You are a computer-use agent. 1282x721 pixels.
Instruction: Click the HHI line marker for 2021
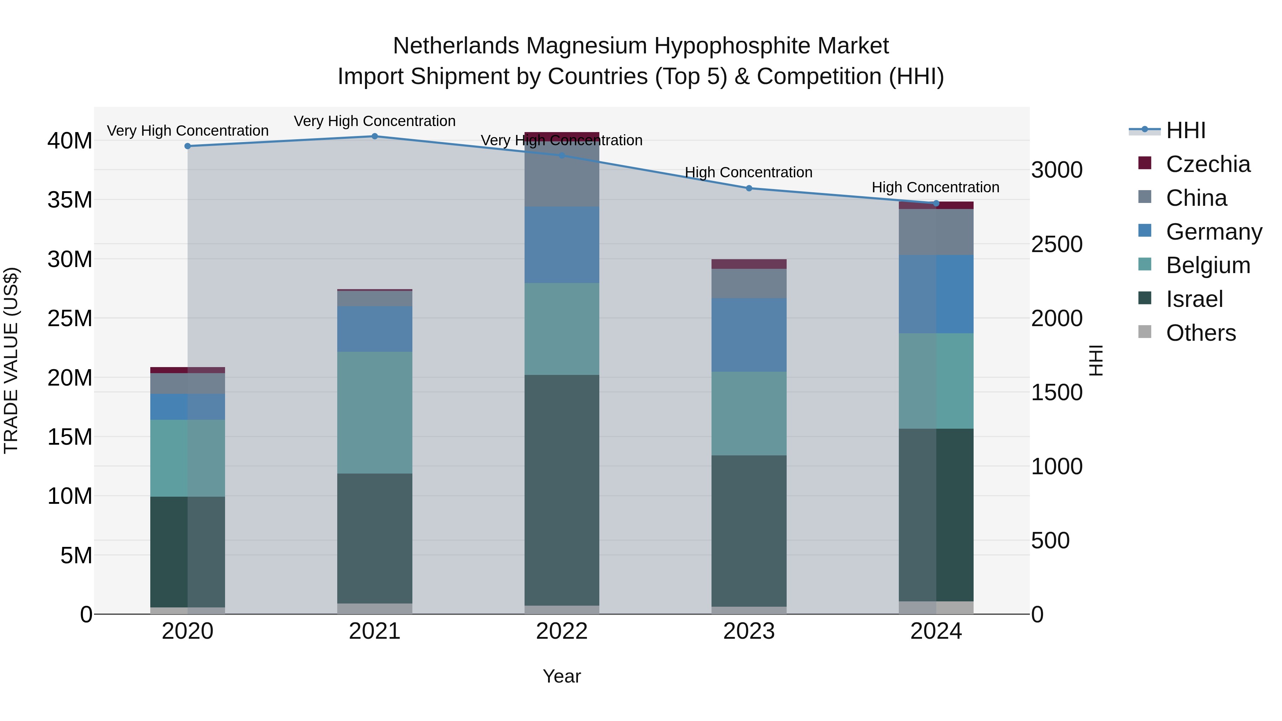coord(375,136)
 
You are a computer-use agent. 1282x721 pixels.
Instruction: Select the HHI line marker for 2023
coord(749,188)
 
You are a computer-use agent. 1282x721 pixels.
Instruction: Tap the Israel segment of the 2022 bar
coord(562,490)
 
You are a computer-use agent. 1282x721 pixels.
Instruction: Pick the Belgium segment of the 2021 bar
coord(375,413)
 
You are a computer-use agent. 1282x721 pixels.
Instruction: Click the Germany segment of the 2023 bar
coord(749,335)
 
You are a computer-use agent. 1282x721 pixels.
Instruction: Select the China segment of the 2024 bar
coord(936,232)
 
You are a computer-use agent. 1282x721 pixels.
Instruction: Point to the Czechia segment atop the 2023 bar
coord(749,264)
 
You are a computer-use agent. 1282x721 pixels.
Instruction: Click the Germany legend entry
coord(1213,232)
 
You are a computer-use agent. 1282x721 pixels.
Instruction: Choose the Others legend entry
coord(1200,333)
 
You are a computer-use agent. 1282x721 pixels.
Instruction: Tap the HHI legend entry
coord(1185,130)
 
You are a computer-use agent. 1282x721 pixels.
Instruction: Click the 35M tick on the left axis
coord(70,200)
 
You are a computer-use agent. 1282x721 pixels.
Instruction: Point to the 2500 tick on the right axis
coord(1057,244)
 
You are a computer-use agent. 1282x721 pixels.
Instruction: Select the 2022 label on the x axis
coord(562,631)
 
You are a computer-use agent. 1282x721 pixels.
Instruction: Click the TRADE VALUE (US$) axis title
coord(11,360)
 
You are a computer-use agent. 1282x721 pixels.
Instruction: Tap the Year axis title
coord(562,676)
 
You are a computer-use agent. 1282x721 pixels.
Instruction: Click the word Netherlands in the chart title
coord(456,46)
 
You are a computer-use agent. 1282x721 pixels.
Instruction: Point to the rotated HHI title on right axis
coord(1096,360)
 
